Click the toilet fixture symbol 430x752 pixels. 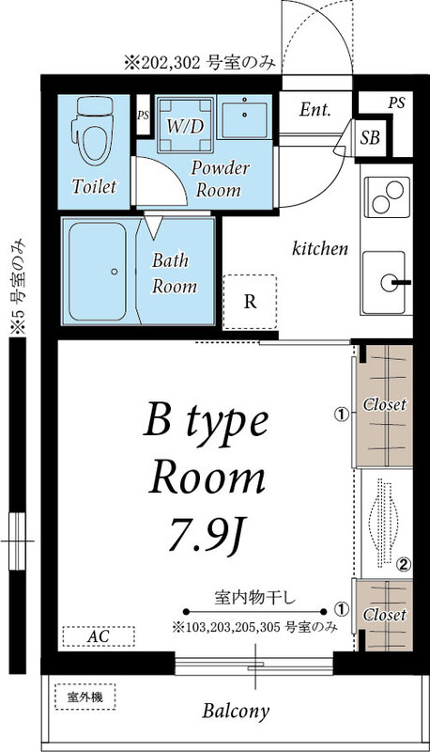94,137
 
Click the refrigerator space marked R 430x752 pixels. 249,302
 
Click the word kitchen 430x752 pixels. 320,249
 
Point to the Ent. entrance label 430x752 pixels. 315,110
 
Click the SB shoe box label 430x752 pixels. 371,137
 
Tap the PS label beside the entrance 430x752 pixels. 396,102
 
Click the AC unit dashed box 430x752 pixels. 98,636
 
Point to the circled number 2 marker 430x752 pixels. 403,565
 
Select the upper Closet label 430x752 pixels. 385,404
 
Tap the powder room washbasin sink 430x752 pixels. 249,117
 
